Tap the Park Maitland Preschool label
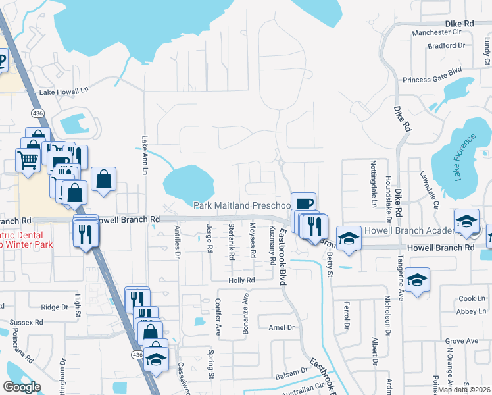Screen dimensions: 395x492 pos(242,205)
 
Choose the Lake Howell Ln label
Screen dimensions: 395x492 pos(63,92)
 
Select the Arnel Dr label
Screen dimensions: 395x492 pos(281,327)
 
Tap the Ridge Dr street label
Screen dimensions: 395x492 pos(55,307)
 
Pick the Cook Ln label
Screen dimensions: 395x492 pos(472,298)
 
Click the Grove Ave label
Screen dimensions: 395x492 pos(462,341)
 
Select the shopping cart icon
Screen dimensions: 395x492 pos(28,159)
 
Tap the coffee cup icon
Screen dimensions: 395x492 pos(303,203)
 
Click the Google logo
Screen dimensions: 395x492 pos(22,387)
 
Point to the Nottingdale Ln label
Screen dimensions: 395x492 pos(372,176)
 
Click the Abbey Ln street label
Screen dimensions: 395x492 pos(471,311)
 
